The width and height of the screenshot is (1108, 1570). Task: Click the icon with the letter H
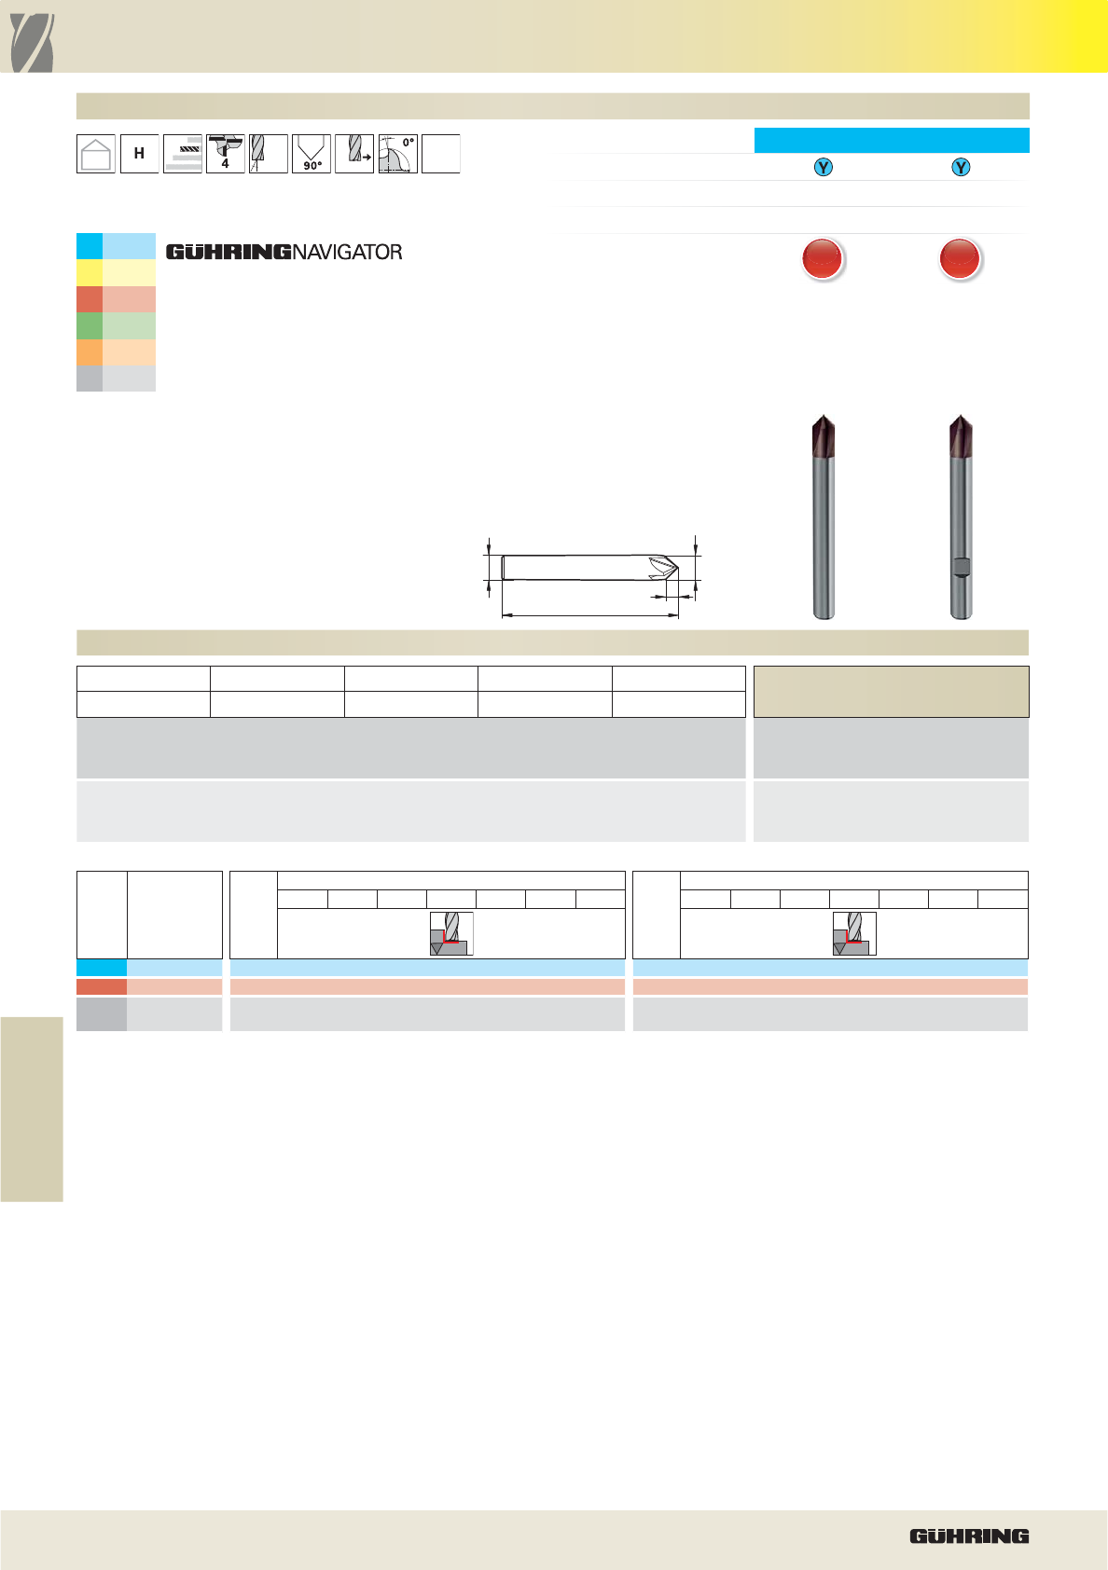pyautogui.click(x=140, y=154)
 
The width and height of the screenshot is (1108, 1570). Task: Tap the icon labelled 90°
pyautogui.click(x=312, y=154)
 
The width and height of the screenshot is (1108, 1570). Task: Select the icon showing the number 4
pyautogui.click(x=225, y=154)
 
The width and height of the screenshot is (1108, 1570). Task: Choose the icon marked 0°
pyautogui.click(x=397, y=154)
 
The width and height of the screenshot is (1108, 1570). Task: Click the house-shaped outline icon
pyautogui.click(x=96, y=154)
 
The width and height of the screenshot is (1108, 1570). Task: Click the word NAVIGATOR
pyautogui.click(x=347, y=253)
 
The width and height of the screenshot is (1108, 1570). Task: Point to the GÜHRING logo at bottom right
pyautogui.click(x=969, y=1536)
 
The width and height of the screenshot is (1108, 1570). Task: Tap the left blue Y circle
pyautogui.click(x=824, y=168)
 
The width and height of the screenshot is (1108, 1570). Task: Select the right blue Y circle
pyautogui.click(x=961, y=168)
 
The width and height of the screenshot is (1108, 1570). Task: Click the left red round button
pyautogui.click(x=823, y=258)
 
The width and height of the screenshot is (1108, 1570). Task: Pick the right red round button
pyautogui.click(x=960, y=258)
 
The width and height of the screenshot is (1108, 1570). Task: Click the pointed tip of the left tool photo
pyautogui.click(x=824, y=415)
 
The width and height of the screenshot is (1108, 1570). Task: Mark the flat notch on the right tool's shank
pyautogui.click(x=961, y=567)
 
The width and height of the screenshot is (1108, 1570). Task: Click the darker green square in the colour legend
pyautogui.click(x=90, y=326)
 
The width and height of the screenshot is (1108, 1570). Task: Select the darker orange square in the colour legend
pyautogui.click(x=90, y=352)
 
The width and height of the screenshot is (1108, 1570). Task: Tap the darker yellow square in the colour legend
pyautogui.click(x=90, y=272)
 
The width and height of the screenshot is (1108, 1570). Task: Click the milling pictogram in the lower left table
pyautogui.click(x=451, y=933)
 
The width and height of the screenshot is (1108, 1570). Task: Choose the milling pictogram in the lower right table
pyautogui.click(x=854, y=933)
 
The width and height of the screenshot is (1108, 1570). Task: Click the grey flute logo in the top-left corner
pyautogui.click(x=32, y=43)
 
